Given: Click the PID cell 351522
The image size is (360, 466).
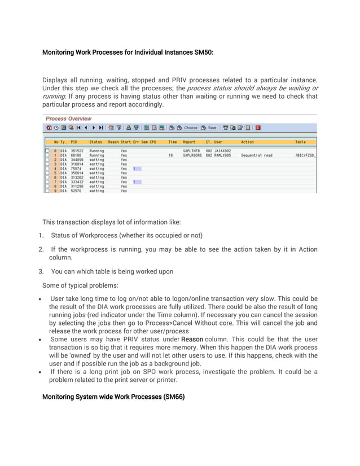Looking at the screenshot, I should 77,151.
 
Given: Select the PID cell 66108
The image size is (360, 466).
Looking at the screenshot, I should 76,155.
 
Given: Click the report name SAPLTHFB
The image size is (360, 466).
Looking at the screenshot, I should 191,151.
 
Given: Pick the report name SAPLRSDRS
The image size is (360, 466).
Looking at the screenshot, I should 192,155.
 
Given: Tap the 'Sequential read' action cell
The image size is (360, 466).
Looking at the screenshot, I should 257,155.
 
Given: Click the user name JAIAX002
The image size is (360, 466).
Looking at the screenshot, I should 222,151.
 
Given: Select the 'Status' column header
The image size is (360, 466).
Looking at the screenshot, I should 96,142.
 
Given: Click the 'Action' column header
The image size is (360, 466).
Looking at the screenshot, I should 247,142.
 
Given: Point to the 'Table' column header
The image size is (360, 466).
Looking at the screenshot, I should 300,142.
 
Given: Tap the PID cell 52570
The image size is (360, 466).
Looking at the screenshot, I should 76,191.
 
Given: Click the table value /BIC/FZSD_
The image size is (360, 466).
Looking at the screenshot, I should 305,155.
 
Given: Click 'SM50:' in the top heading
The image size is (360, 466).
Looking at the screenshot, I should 204,52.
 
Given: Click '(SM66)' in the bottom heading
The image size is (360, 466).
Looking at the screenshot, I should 173,397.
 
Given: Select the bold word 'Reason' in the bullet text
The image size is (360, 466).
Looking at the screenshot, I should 191,339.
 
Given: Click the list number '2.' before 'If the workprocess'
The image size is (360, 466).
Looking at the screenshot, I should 41,249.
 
